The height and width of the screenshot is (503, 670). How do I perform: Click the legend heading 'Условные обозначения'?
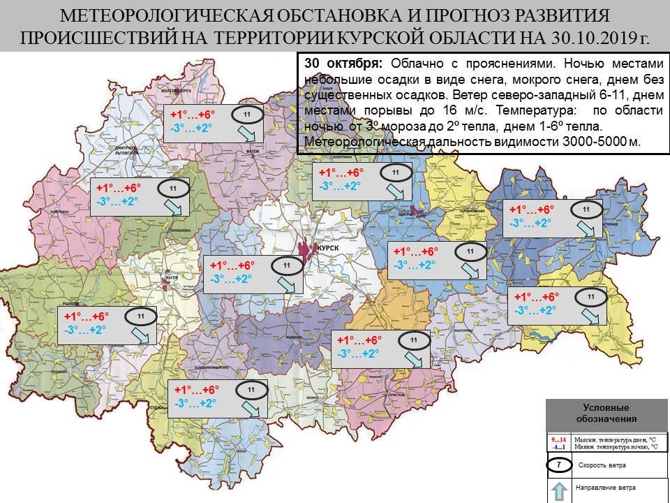pyautogui.click(x=606, y=413)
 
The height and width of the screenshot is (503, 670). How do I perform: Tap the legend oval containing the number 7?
pyautogui.click(x=558, y=465)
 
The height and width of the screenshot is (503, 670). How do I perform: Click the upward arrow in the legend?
pyautogui.click(x=558, y=492)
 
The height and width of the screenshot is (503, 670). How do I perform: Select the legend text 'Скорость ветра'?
pyautogui.click(x=602, y=465)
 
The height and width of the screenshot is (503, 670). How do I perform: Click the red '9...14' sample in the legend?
pyautogui.click(x=558, y=439)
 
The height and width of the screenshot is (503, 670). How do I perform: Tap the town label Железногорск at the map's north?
pyautogui.click(x=176, y=90)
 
